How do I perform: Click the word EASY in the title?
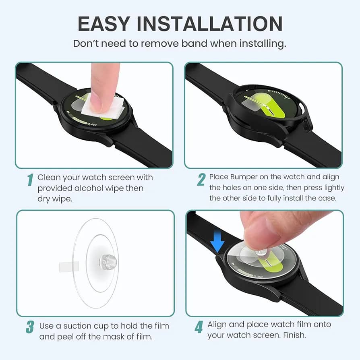[x=104, y=24]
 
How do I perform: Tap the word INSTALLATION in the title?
[x=210, y=24]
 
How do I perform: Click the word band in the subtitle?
[x=194, y=43]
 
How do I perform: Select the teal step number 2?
[x=201, y=180]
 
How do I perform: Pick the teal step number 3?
[x=30, y=327]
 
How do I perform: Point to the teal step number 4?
[x=199, y=327]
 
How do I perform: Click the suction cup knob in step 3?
[x=108, y=262]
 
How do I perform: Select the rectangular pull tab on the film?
[x=69, y=267]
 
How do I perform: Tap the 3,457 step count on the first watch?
[x=92, y=124]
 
